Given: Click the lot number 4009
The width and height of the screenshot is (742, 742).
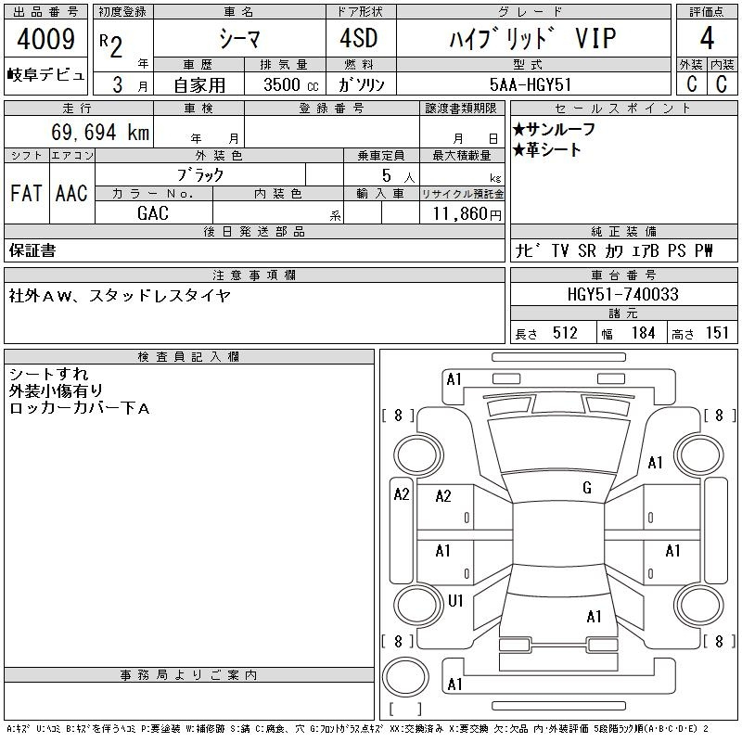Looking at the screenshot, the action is [45, 39].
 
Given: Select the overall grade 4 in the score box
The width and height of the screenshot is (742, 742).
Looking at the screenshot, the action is [707, 38].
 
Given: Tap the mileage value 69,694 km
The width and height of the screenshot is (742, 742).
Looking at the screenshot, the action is [100, 132].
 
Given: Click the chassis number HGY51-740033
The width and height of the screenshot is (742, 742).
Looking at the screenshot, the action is [622, 294].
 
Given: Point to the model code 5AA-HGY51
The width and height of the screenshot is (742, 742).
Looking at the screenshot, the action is [530, 84].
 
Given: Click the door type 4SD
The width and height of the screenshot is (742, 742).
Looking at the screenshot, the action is [359, 38].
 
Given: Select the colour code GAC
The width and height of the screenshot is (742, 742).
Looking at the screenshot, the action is [153, 213].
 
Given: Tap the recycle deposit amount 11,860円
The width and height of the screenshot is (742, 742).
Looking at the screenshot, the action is [467, 214].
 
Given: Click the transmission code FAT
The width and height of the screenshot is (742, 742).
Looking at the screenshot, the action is [26, 193].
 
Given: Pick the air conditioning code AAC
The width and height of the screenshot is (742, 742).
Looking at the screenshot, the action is [71, 193].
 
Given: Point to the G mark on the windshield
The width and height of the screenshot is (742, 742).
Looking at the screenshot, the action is [587, 488].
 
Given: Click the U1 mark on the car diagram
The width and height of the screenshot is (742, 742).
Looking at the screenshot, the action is [455, 601].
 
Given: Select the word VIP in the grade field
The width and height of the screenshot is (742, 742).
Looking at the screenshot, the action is [595, 39].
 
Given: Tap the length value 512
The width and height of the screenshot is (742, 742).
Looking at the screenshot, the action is [565, 333].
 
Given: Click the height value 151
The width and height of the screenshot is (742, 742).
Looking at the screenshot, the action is [717, 333].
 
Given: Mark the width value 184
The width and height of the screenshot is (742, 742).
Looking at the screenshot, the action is [643, 333].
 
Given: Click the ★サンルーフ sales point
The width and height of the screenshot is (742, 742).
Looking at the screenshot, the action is [554, 129].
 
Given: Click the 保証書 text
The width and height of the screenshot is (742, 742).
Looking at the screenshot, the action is [32, 250].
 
